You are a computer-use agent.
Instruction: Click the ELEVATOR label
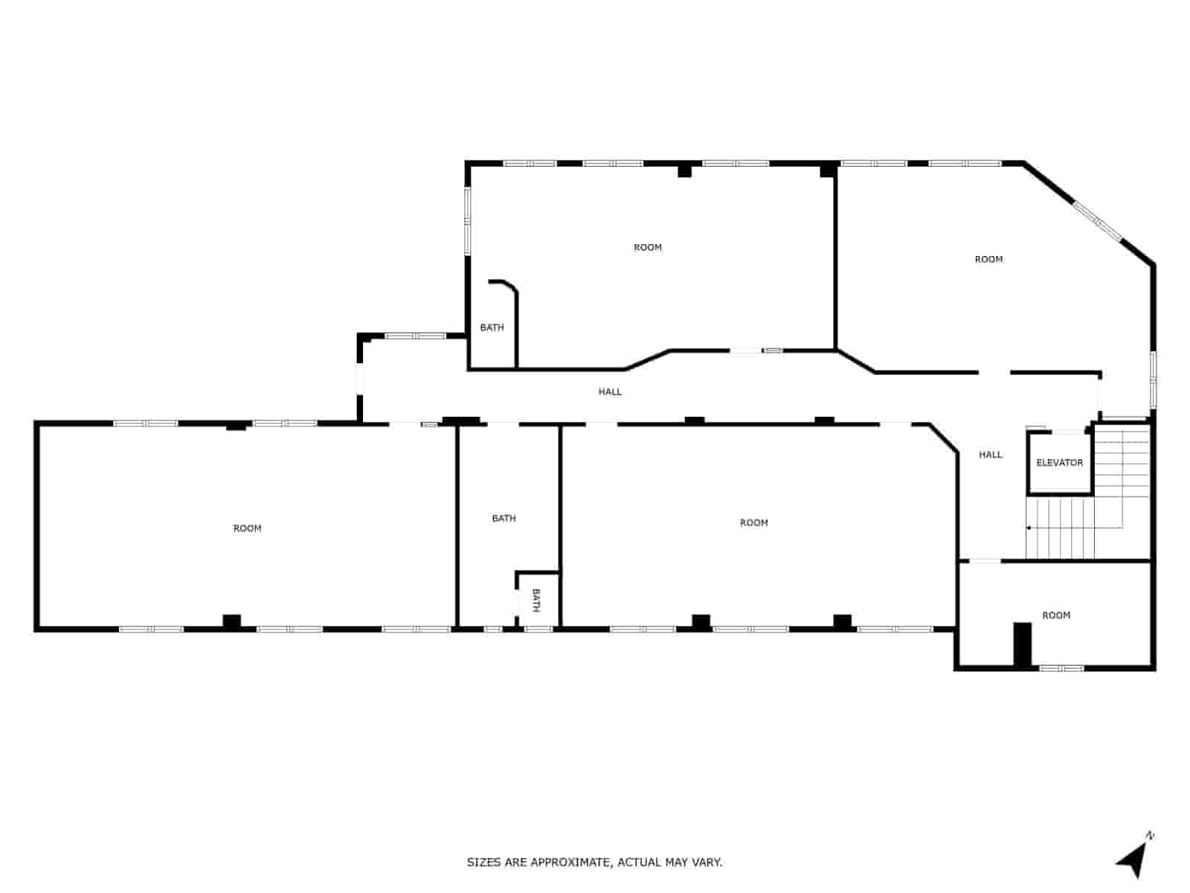(x=1059, y=463)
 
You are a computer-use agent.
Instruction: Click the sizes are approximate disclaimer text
(x=594, y=862)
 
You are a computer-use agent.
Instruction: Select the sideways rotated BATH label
(x=535, y=600)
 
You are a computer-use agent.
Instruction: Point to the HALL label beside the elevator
(x=990, y=455)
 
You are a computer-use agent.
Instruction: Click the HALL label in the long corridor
(x=610, y=391)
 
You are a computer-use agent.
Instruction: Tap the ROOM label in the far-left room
(x=247, y=528)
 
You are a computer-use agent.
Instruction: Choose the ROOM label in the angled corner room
(x=988, y=259)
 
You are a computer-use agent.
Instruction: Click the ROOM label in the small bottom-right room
(x=1056, y=615)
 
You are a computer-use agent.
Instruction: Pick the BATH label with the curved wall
(x=492, y=327)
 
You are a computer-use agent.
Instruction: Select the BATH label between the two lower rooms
(x=504, y=518)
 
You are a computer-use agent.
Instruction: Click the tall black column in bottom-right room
(x=1023, y=644)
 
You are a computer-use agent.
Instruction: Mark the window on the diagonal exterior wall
(x=1098, y=221)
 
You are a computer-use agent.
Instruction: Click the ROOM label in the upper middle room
(x=647, y=247)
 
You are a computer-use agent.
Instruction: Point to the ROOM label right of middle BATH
(x=753, y=523)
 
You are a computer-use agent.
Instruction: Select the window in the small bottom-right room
(x=1061, y=668)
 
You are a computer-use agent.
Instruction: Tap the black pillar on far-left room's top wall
(x=236, y=426)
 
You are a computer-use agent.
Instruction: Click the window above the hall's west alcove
(x=414, y=336)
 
